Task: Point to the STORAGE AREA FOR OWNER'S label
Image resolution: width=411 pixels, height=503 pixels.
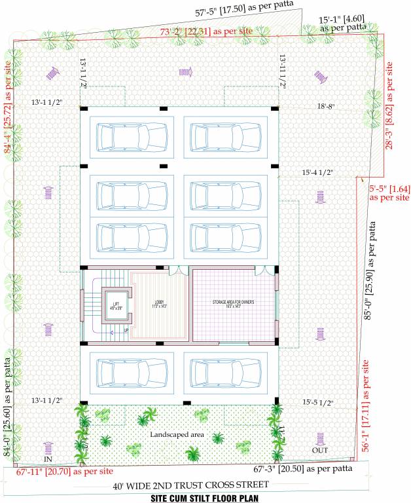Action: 233,303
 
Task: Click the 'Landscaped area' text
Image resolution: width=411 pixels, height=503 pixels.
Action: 177,435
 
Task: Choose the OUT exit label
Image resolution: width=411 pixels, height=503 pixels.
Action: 319,451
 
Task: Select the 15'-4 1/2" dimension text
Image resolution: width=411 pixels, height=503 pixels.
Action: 319,172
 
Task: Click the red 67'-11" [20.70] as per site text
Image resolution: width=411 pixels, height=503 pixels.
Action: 65,471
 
